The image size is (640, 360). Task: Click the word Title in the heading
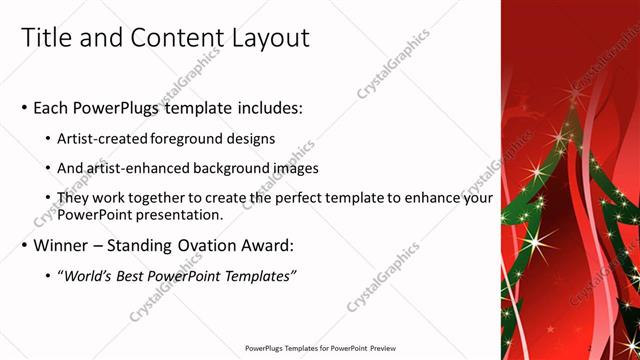(x=47, y=38)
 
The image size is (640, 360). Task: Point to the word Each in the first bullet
(x=51, y=108)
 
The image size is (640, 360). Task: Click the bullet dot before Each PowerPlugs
(x=24, y=108)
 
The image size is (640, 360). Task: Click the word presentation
(x=175, y=215)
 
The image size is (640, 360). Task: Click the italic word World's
(x=87, y=276)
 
